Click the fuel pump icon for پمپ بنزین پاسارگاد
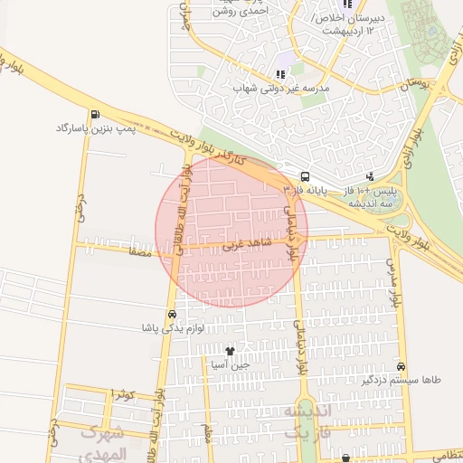click(x=96, y=115)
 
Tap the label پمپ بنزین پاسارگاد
click(x=95, y=128)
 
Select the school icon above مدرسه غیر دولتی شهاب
click(x=279, y=75)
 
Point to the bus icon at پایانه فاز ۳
click(x=305, y=177)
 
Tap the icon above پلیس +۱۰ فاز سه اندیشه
click(x=369, y=177)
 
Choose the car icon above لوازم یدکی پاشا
click(x=172, y=314)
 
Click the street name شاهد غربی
click(x=223, y=244)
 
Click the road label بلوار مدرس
click(x=392, y=281)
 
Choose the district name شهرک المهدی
click(x=108, y=440)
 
